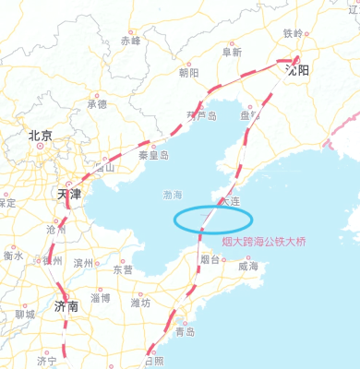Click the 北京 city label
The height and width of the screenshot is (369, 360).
click(40, 136)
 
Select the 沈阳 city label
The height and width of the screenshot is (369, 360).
click(298, 69)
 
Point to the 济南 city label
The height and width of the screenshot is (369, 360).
click(66, 305)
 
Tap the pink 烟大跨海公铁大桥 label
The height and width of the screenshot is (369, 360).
click(263, 243)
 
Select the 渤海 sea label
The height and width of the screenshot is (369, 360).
click(173, 196)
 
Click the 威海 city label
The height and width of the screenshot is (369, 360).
click(247, 266)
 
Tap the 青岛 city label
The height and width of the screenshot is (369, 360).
click(185, 331)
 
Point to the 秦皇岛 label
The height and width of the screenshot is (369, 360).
click(153, 156)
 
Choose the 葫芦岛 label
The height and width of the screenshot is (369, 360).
click(200, 116)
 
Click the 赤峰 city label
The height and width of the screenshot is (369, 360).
click(131, 41)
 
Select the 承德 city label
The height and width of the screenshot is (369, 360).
click(97, 103)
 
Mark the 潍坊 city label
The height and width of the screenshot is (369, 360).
click(140, 302)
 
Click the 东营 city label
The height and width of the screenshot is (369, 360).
click(123, 270)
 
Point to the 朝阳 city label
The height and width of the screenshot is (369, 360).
click(188, 72)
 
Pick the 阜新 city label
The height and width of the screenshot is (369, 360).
click(232, 53)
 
